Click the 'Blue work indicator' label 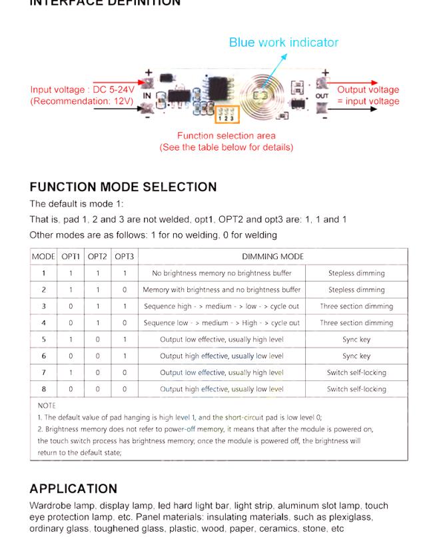[283, 43]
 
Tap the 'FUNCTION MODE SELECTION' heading [123, 187]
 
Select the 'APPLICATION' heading [73, 488]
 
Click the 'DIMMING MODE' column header [272, 257]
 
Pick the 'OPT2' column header [97, 257]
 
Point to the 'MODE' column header [44, 257]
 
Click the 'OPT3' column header [125, 257]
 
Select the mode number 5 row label [44, 339]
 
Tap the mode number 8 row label [44, 389]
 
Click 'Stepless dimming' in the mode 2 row [356, 290]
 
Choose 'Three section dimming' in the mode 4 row [356, 323]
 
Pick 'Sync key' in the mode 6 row [356, 356]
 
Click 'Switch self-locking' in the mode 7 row [356, 372]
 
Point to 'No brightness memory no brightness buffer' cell [221, 273]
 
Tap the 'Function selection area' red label [226, 136]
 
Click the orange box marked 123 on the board [226, 115]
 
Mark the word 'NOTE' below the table [47, 405]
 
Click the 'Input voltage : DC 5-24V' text [82, 90]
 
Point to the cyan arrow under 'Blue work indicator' [279, 65]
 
